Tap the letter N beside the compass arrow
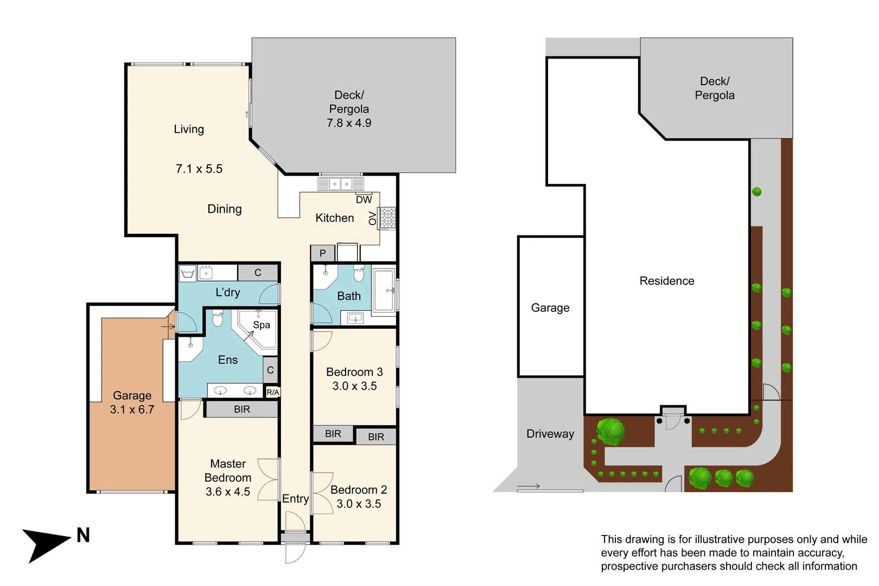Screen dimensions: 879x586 pyautogui.click(x=83, y=536)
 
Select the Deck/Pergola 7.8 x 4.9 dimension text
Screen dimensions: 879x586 pyautogui.click(x=349, y=123)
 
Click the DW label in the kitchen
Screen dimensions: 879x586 pyautogui.click(x=364, y=200)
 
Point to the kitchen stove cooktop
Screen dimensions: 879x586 pyautogui.click(x=387, y=218)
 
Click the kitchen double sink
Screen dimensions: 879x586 pyautogui.click(x=341, y=184)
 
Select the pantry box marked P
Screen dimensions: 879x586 pyautogui.click(x=322, y=253)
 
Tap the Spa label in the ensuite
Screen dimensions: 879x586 pyautogui.click(x=262, y=325)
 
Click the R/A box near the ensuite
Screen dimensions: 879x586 pyautogui.click(x=273, y=392)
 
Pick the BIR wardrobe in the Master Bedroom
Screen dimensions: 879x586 pyautogui.click(x=242, y=409)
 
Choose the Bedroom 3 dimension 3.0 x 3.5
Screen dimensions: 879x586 pyautogui.click(x=354, y=386)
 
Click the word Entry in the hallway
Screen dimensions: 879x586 pyautogui.click(x=296, y=499)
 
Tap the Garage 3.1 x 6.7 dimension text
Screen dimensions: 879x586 pyautogui.click(x=132, y=410)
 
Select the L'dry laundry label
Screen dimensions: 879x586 pyautogui.click(x=227, y=292)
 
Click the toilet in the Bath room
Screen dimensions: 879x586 pyautogui.click(x=359, y=273)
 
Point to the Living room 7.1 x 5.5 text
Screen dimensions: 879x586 pyautogui.click(x=199, y=169)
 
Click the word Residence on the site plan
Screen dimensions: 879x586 pyautogui.click(x=667, y=281)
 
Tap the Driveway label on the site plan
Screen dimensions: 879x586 pyautogui.click(x=550, y=434)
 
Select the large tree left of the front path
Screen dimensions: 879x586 pyautogui.click(x=610, y=432)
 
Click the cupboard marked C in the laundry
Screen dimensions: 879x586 pyautogui.click(x=258, y=272)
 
